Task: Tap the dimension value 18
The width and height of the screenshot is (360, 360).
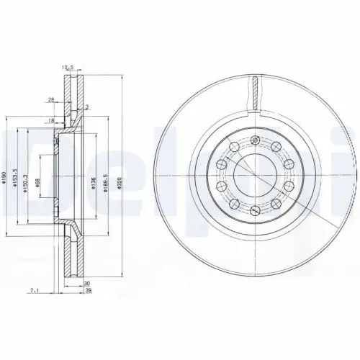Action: point(52,121)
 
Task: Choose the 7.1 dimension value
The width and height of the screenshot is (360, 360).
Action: point(33,289)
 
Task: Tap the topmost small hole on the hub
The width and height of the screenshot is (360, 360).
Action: point(255,139)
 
